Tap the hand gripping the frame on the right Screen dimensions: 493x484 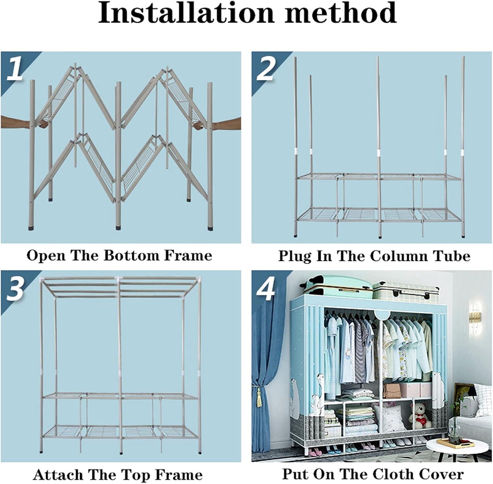pyautogui.click(x=217, y=124)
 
